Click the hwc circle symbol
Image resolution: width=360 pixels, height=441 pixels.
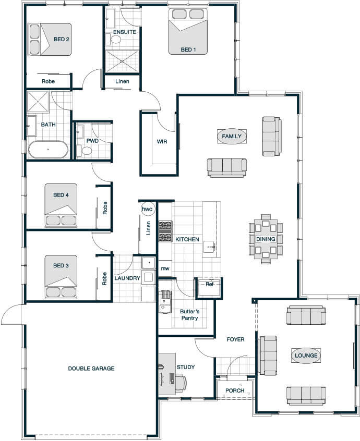(147, 209)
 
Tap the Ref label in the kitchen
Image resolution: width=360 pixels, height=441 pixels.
(210, 284)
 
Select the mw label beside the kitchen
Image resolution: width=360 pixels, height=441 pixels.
(165, 268)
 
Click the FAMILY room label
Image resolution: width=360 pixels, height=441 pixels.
(232, 137)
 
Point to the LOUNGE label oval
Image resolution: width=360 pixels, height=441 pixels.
(306, 356)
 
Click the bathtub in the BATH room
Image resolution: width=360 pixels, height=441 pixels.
(48, 149)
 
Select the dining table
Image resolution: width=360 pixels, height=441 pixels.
(266, 239)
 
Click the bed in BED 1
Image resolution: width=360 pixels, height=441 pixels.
(188, 31)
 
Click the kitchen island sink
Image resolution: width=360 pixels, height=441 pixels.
(209, 247)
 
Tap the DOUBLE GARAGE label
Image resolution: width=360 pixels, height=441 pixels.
(91, 369)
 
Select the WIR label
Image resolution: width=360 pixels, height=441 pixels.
(162, 141)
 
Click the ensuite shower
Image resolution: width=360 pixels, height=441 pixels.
(122, 61)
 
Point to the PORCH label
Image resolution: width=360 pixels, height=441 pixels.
(235, 390)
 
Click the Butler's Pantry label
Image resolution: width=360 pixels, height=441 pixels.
(189, 315)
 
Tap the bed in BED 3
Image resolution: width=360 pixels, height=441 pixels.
(61, 277)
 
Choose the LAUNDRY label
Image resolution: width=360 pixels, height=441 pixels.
(127, 278)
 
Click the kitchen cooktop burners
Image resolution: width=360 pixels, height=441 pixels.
(165, 231)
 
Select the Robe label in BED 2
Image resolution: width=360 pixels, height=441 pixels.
(48, 81)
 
